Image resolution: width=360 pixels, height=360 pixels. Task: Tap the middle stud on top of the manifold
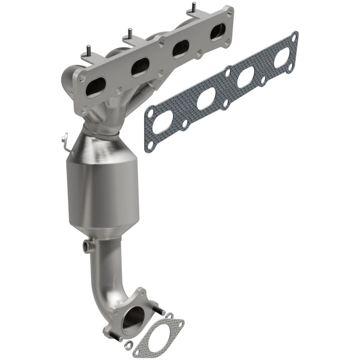click(130, 33)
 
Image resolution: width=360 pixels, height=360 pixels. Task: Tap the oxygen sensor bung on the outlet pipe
click(87, 245)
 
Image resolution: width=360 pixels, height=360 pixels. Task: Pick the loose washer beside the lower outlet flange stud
click(129, 345)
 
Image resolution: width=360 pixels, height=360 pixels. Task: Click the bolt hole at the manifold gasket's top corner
click(294, 36)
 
